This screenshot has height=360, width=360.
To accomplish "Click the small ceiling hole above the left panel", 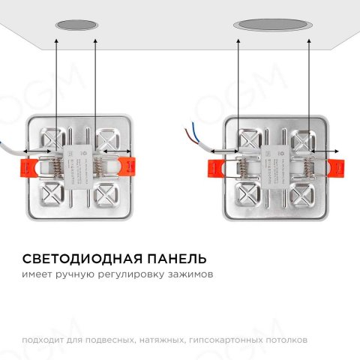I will (77, 25).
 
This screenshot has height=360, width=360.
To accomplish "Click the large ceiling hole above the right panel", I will (273, 25).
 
